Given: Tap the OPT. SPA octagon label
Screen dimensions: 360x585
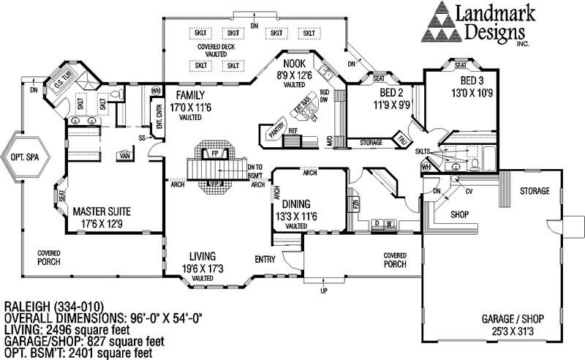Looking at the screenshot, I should point(24,157).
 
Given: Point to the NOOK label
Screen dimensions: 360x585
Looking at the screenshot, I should point(294,64).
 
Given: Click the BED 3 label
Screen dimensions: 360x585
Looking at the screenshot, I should point(472,80).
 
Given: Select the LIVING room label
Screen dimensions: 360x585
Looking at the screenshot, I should point(202,256).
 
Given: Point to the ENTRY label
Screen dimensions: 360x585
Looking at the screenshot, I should point(265,259).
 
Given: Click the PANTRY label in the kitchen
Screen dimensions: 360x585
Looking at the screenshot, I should point(276,132).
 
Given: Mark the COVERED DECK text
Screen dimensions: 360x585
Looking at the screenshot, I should point(216,46).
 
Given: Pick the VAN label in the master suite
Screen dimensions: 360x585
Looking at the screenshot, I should point(125,155).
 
